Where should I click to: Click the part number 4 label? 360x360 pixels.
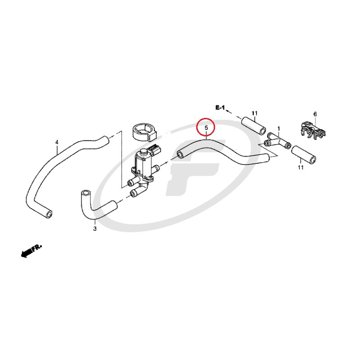tap(57, 142)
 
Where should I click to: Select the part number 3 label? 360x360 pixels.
tap(94, 229)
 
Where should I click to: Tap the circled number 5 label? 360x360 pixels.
tap(206, 128)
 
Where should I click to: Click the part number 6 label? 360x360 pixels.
tap(315, 114)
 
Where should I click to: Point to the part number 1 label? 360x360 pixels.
tap(279, 129)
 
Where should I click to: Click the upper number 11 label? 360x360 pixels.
tap(254, 113)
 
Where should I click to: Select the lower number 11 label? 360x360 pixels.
tap(301, 167)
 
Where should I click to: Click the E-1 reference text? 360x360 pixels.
tap(220, 108)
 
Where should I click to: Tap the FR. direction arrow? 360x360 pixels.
tap(31, 251)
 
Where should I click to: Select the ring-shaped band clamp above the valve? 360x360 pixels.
tap(144, 132)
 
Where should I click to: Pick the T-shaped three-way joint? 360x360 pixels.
tap(277, 140)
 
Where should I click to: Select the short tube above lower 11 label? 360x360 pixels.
tap(303, 155)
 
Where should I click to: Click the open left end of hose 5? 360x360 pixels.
tap(181, 154)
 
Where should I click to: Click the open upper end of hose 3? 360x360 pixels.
tap(85, 193)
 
